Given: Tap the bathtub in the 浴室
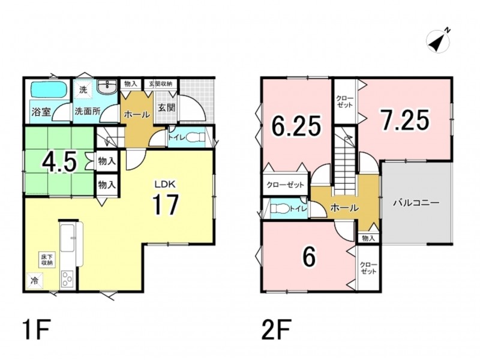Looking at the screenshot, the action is [47, 89].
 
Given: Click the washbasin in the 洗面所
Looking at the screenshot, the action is [107, 86].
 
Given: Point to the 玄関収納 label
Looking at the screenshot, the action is [161, 83].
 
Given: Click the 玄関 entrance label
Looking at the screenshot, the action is [167, 108].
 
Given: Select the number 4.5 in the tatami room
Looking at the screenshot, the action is [59, 162].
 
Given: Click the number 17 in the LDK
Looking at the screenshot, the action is [166, 205].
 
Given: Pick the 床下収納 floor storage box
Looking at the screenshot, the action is [47, 260].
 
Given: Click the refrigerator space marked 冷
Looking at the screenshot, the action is [35, 281].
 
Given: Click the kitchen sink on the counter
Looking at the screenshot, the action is [68, 238].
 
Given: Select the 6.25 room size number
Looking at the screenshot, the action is [296, 125].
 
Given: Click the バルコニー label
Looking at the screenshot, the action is [416, 203].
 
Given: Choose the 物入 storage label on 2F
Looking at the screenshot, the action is [368, 238].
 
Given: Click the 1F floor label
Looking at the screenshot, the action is [36, 329].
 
